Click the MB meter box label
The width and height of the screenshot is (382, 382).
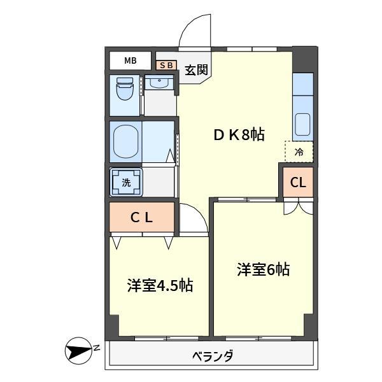[x=130, y=61]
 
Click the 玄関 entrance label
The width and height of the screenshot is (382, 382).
[x=196, y=71]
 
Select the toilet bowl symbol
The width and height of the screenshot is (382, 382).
[x=125, y=92]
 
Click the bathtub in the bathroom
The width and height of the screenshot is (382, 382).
[x=126, y=141]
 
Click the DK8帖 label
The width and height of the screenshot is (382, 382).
[x=238, y=135]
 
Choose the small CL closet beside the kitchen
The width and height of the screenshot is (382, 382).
[x=298, y=183]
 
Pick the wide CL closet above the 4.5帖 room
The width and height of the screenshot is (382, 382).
[x=141, y=217]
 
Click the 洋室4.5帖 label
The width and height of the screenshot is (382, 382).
[x=159, y=286]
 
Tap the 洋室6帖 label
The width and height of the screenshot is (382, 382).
[x=263, y=270]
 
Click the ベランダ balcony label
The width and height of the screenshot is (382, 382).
[x=213, y=357]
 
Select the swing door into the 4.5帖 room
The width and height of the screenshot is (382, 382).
[x=194, y=220]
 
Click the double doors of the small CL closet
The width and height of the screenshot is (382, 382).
[x=298, y=206]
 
